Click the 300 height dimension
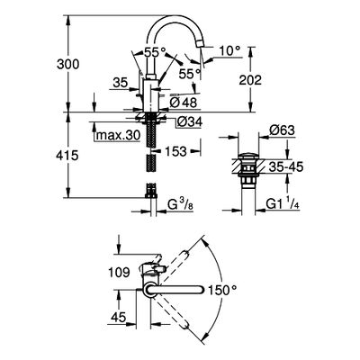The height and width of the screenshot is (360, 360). (x=68, y=64)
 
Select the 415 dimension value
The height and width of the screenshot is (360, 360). (x=67, y=156)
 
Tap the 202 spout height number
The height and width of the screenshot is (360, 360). (x=250, y=80)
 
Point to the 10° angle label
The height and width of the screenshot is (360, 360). (x=229, y=51)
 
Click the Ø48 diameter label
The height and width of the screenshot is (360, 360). (x=184, y=103)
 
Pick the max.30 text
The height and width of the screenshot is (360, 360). (x=118, y=136)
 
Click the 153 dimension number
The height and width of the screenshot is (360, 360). (x=175, y=151)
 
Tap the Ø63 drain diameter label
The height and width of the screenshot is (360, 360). (x=282, y=130)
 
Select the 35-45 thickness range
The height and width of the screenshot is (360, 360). (x=286, y=166)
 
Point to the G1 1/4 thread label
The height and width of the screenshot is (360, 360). (x=283, y=204)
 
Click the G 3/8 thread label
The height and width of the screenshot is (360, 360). (x=180, y=205)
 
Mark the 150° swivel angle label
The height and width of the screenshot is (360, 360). (x=222, y=290)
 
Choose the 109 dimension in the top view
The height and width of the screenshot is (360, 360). (x=119, y=273)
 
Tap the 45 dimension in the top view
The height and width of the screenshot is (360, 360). (x=118, y=317)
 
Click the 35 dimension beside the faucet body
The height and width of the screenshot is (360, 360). (x=121, y=82)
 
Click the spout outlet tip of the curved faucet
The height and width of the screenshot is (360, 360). (x=200, y=43)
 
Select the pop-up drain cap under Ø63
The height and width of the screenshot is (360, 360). (x=248, y=156)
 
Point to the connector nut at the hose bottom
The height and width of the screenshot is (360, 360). (x=151, y=196)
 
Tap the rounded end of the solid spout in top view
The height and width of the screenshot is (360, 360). (x=201, y=290)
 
